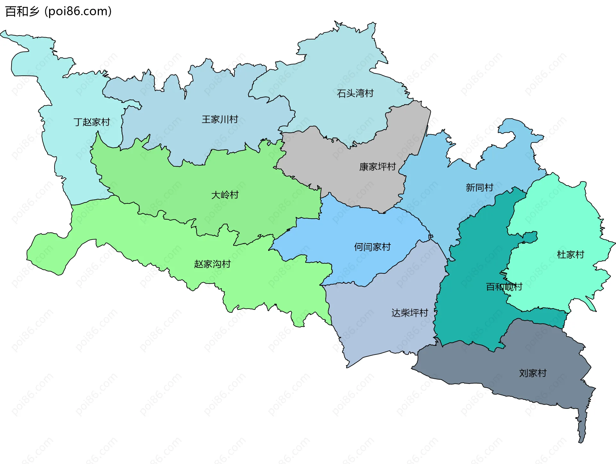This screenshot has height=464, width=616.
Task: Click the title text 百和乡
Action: (x=22, y=12)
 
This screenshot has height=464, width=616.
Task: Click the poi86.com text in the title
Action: (x=78, y=12)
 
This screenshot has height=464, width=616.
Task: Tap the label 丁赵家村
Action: (x=92, y=122)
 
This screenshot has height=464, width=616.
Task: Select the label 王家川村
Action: (x=220, y=120)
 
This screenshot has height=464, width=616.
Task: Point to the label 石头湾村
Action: (x=355, y=93)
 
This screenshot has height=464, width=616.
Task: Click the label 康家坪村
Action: (x=377, y=167)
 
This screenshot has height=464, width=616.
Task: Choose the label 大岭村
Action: (x=225, y=195)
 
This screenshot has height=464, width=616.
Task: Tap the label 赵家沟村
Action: (x=212, y=264)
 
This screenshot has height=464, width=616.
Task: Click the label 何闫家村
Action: (x=372, y=247)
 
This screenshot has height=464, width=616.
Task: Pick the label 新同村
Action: (x=479, y=187)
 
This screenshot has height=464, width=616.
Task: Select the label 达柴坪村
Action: (x=410, y=313)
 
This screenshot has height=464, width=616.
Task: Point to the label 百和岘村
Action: (x=504, y=287)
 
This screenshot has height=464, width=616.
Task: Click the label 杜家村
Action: (x=570, y=255)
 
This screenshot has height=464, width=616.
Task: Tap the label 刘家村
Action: (x=533, y=373)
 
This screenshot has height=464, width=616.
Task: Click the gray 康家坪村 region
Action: (x=353, y=179)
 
